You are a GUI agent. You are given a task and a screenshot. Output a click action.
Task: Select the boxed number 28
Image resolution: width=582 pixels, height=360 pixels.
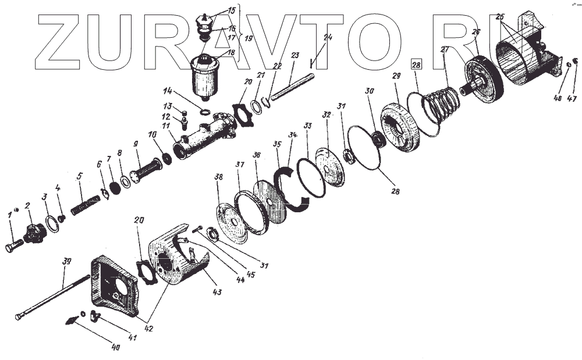(x=416, y=65)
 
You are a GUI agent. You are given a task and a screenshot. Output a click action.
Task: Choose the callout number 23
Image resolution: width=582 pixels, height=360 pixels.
(x=294, y=56)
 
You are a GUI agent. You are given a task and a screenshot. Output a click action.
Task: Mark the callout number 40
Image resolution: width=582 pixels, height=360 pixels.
(x=115, y=348)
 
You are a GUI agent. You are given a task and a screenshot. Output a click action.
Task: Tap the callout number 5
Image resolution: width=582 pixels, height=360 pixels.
(x=80, y=174)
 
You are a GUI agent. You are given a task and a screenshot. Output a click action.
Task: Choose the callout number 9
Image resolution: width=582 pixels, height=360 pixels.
(x=136, y=144)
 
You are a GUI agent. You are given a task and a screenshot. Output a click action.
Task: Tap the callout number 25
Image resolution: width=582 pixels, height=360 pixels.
(x=499, y=17)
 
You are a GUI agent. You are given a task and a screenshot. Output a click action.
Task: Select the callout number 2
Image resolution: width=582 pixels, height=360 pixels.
(x=27, y=205)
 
